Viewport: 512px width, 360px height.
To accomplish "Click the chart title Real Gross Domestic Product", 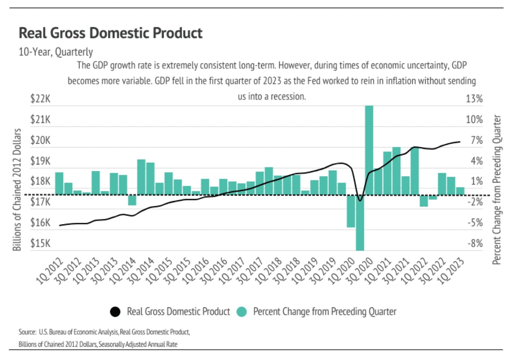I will tap(111, 33).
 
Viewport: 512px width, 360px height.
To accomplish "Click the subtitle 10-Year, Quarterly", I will tap(55, 52).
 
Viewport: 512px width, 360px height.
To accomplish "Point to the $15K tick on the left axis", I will tap(41, 244).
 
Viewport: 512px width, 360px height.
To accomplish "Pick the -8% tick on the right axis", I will tap(475, 244).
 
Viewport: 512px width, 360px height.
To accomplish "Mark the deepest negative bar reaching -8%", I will tap(360, 222).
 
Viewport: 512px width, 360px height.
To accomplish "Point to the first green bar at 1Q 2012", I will tap(59, 183).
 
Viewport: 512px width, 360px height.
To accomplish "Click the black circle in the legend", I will tap(115, 311).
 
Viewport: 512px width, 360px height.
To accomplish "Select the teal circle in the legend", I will tap(242, 311).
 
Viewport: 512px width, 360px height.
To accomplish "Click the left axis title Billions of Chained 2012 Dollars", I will tap(17, 189).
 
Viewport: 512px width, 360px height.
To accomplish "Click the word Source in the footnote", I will tap(26, 332).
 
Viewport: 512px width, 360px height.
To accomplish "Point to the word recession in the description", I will tap(289, 97).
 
